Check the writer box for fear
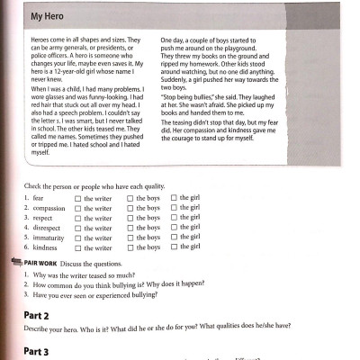(x=79, y=197)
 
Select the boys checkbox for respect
(x=130, y=219)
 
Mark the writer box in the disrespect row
(x=79, y=229)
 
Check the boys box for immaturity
(x=130, y=238)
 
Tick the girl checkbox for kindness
(x=175, y=247)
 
